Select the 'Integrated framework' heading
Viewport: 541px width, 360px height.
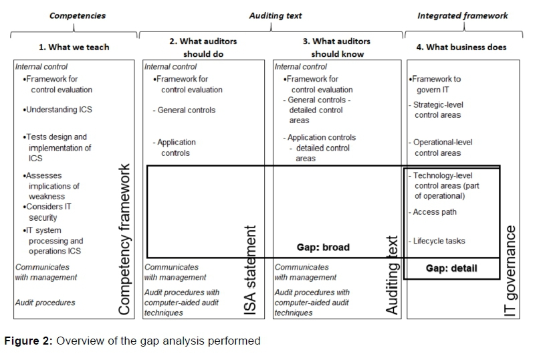[462, 15]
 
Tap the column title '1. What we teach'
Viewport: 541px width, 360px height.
[74, 48]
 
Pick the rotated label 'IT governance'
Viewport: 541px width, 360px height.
[512, 271]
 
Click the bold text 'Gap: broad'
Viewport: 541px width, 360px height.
[323, 248]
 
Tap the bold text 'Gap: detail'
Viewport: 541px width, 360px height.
[452, 268]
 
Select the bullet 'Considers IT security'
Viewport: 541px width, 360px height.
[47, 212]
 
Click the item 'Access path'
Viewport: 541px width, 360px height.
[435, 212]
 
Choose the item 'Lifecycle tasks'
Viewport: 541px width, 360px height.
[439, 241]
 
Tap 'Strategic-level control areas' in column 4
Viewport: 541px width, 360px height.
[437, 110]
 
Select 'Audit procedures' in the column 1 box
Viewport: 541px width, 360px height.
[45, 302]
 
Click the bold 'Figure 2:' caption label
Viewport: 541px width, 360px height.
[28, 341]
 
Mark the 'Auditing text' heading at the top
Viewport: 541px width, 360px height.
[275, 15]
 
